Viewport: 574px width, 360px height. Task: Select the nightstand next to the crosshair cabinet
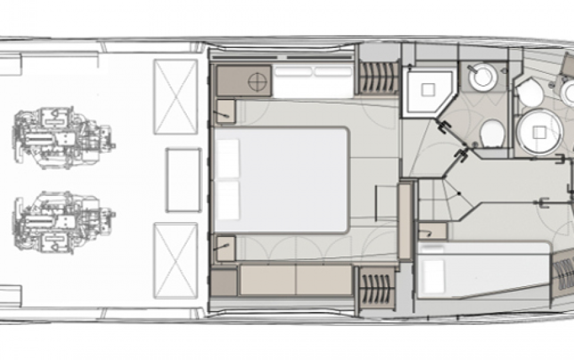click(226, 111)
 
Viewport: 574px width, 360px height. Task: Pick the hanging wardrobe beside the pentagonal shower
click(377, 77)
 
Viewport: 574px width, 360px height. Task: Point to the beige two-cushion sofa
click(296, 280)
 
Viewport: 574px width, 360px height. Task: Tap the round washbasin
click(482, 77)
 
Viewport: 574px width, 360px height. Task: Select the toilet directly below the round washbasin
click(492, 136)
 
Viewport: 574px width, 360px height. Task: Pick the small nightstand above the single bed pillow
click(432, 229)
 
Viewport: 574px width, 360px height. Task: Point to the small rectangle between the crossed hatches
click(182, 179)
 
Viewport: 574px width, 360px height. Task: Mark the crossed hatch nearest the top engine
click(175, 96)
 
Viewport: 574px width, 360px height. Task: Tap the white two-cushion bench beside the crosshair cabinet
click(313, 81)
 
